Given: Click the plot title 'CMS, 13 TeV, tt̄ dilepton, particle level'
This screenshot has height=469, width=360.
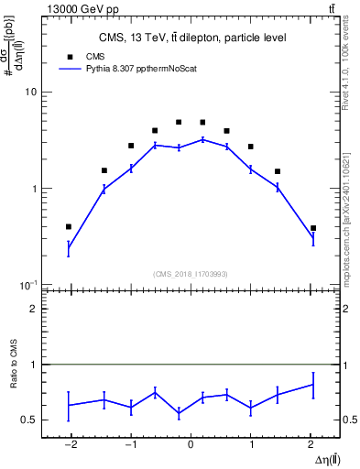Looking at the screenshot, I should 192,38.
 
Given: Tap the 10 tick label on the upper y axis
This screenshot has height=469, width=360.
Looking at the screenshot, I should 31,93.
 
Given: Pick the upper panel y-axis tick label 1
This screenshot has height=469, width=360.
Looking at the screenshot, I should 34,189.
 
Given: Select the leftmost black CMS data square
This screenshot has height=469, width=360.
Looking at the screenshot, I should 70,226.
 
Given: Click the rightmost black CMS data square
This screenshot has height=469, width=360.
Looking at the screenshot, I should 313,228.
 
